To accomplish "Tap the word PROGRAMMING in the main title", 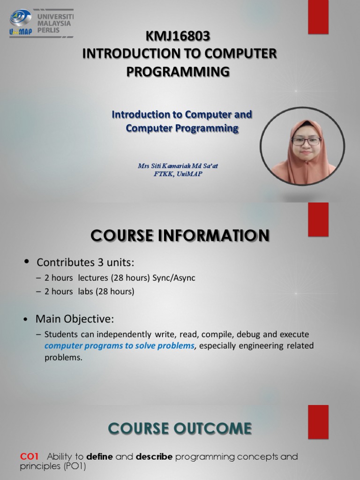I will point(179,71).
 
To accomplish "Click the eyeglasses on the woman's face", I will point(306,141).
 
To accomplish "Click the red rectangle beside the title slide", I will point(318,17).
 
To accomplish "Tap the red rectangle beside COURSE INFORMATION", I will point(318,219).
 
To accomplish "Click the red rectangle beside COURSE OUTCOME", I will point(318,416).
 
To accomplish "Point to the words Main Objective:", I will point(75,319).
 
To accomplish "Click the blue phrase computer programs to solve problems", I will point(119,346).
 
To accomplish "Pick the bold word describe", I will point(154,457).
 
